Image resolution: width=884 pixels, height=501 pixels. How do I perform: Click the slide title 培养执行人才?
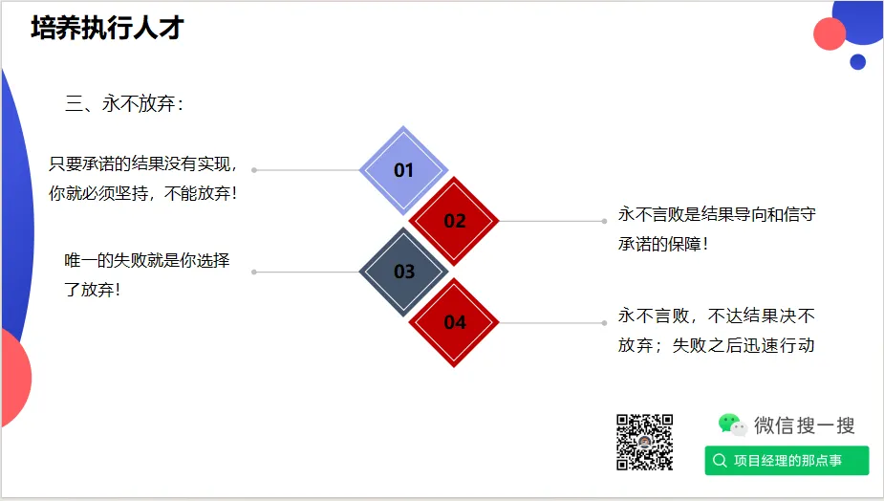107,29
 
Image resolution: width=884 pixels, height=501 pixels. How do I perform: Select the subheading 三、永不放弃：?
123,104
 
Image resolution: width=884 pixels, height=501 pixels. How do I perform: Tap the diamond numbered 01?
403,170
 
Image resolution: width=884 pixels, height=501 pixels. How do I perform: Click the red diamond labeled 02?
454,221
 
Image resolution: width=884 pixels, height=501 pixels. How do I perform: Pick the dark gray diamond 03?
403,272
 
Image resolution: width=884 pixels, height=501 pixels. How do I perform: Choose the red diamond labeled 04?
454,322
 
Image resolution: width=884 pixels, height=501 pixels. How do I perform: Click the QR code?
645,442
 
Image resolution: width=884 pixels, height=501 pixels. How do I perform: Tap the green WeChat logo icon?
731,425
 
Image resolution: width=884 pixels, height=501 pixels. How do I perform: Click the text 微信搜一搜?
804,425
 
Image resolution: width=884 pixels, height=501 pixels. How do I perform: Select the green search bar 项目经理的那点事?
787,461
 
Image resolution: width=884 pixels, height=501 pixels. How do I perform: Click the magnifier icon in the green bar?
720,461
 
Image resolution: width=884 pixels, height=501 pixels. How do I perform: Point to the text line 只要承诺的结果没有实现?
143,163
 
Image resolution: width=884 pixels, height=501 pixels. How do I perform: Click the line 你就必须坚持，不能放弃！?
143,193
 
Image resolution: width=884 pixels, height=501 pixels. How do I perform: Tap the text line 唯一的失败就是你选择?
147,260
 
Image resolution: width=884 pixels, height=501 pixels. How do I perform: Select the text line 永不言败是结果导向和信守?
716,214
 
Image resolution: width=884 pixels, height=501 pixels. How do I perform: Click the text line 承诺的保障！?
663,244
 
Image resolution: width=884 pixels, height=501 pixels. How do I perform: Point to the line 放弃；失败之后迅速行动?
716,345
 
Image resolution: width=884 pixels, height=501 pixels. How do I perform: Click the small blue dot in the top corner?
857,62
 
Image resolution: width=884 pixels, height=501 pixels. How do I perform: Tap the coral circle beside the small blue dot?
830,33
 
